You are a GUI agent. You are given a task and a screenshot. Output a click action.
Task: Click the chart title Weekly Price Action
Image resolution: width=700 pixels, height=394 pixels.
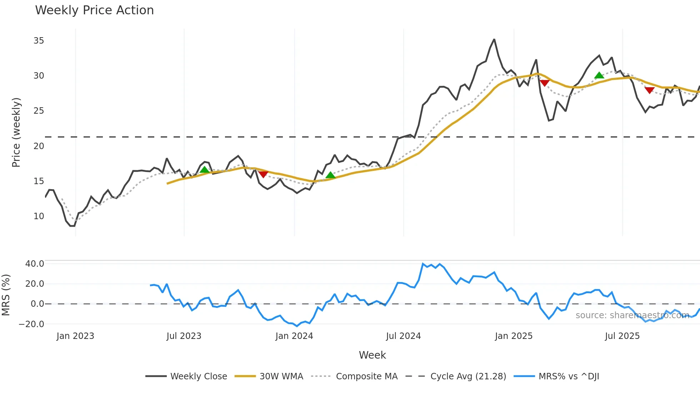pyautogui.click(x=94, y=10)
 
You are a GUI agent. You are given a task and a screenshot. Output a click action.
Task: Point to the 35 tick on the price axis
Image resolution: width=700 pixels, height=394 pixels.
pyautogui.click(x=39, y=41)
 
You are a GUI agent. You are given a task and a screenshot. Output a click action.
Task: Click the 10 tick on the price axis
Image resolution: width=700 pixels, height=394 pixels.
pyautogui.click(x=39, y=216)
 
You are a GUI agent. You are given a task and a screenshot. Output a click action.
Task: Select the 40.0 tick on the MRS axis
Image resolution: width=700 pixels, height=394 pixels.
pyautogui.click(x=35, y=264)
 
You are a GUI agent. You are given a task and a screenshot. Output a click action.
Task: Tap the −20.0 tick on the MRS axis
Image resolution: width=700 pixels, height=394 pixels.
pyautogui.click(x=31, y=324)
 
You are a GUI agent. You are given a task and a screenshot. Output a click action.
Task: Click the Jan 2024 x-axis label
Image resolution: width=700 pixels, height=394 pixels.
pyautogui.click(x=294, y=336)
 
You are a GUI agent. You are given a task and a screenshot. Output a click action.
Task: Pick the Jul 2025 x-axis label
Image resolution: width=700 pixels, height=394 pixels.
pyautogui.click(x=622, y=336)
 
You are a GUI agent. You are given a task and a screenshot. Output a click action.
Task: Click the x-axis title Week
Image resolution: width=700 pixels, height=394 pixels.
pyautogui.click(x=372, y=355)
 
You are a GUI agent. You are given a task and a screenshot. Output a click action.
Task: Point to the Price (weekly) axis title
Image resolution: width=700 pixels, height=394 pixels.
pyautogui.click(x=16, y=132)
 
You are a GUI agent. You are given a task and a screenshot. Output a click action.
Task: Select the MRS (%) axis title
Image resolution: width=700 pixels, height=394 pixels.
pyautogui.click(x=6, y=295)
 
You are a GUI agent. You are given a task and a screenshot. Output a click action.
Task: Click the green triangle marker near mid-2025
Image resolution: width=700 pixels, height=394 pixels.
pyautogui.click(x=599, y=75)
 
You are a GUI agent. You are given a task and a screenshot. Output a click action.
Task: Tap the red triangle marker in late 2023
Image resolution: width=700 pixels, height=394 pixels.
pyautogui.click(x=263, y=174)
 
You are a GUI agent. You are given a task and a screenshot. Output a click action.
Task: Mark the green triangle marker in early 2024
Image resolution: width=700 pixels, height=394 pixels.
pyautogui.click(x=331, y=175)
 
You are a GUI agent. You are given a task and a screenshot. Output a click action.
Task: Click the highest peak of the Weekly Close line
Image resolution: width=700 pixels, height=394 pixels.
pyautogui.click(x=494, y=39)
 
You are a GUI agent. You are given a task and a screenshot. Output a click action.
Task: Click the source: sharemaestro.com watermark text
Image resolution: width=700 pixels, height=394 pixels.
pyautogui.click(x=632, y=315)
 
